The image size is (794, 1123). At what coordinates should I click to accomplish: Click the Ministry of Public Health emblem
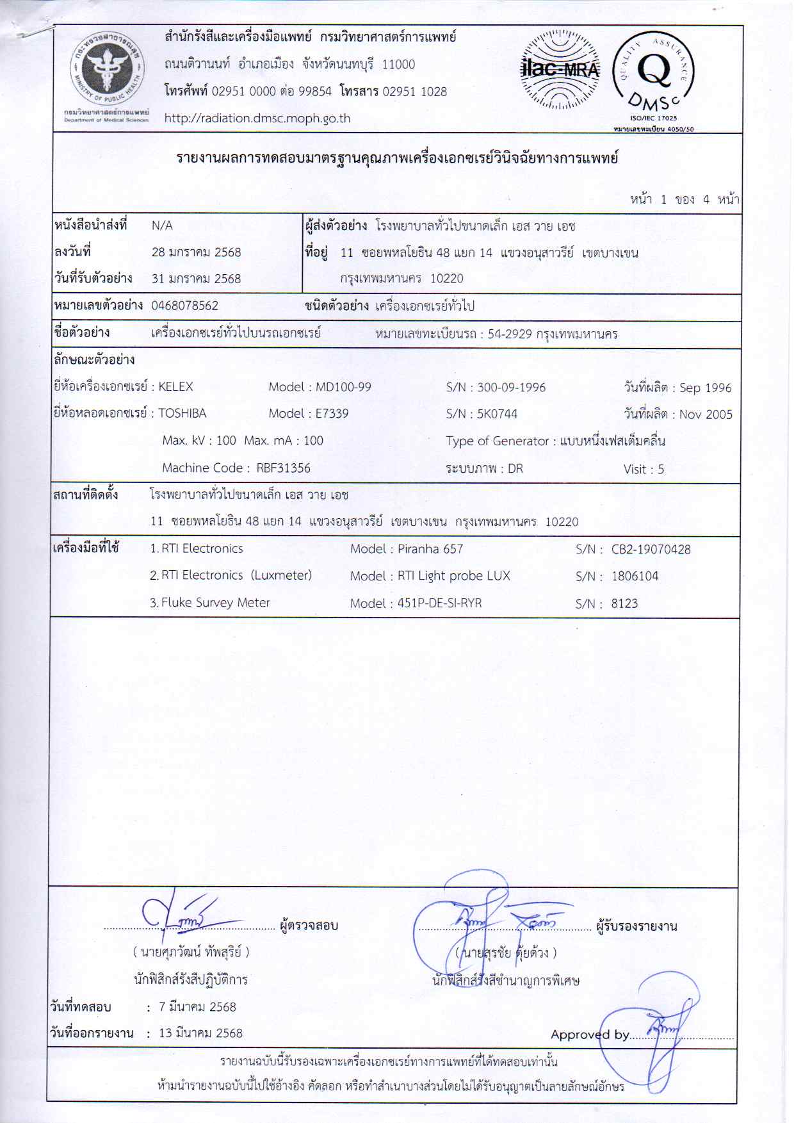coord(106,70)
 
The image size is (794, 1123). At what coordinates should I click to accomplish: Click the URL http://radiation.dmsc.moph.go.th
coord(257,118)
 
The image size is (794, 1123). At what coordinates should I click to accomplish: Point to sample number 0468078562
coord(185,306)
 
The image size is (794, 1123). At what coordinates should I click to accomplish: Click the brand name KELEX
coord(175,387)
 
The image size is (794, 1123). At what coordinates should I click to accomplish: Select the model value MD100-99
coord(343,387)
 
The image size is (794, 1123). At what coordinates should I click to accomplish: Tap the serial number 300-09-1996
coord(511,388)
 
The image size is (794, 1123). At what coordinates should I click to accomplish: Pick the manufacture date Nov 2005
coord(706,414)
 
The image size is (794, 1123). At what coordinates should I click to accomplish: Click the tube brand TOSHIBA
coord(182,414)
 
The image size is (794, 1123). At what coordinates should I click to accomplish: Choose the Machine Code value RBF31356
coord(283,468)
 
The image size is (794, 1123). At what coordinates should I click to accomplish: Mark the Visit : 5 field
coord(644,470)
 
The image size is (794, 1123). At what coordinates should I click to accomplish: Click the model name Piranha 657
coord(430,549)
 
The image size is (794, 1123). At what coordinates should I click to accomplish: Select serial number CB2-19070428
coord(651,550)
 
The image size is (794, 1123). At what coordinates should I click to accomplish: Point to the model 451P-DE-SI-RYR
coord(439,603)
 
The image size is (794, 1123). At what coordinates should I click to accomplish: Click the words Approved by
coord(590,1035)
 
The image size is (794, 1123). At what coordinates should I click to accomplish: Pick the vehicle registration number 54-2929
coord(510,334)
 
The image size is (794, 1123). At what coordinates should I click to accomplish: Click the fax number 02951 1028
coord(414,91)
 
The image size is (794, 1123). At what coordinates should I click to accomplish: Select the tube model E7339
coord(332,414)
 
